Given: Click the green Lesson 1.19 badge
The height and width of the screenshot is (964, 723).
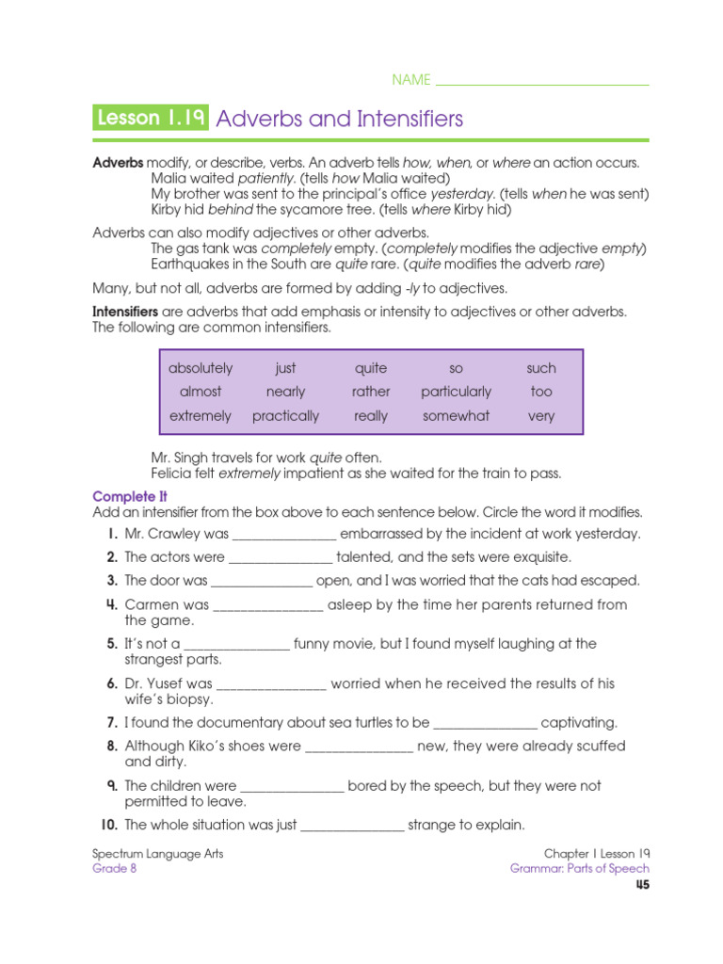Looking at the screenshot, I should tap(152, 119).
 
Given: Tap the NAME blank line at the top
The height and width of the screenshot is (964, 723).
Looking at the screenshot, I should tap(543, 82).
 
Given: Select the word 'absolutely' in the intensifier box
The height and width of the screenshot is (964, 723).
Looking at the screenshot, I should tap(201, 368).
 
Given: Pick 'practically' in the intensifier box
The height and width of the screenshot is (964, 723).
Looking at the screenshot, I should tap(285, 415).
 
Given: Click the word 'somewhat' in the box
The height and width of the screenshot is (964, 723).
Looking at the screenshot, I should tap(456, 415).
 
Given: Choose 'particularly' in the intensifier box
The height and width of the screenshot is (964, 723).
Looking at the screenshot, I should tap(456, 392).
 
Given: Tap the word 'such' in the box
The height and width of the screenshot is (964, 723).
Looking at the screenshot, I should tap(541, 368).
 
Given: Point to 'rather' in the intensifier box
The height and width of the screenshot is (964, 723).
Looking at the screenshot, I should tap(371, 392).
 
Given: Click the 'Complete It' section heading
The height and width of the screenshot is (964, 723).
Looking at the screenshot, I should tap(130, 496).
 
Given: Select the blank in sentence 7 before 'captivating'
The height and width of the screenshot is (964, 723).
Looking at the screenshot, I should tap(486, 724).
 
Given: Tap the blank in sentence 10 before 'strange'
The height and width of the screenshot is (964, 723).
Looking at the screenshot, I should tap(352, 826).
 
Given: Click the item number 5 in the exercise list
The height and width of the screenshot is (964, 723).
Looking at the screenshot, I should tap(112, 644).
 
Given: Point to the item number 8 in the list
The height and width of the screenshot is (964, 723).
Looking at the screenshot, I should tap(112, 746).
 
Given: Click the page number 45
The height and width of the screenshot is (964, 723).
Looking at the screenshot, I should tap(641, 885).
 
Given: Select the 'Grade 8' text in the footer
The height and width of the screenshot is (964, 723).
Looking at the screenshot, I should tap(114, 869).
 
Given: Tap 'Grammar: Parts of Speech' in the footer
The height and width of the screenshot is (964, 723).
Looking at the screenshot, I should tap(579, 869).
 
